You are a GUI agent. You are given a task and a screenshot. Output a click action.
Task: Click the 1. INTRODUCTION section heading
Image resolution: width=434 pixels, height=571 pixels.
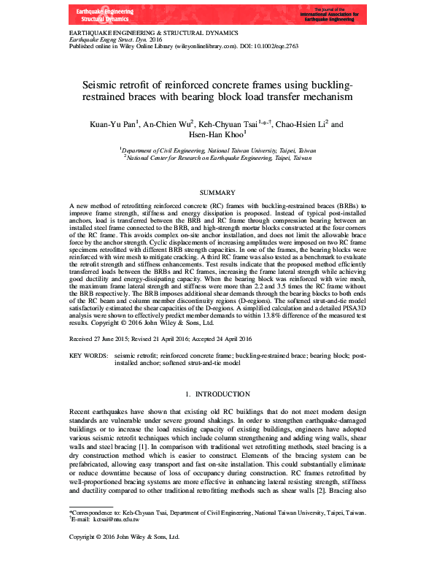point(217,394)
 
